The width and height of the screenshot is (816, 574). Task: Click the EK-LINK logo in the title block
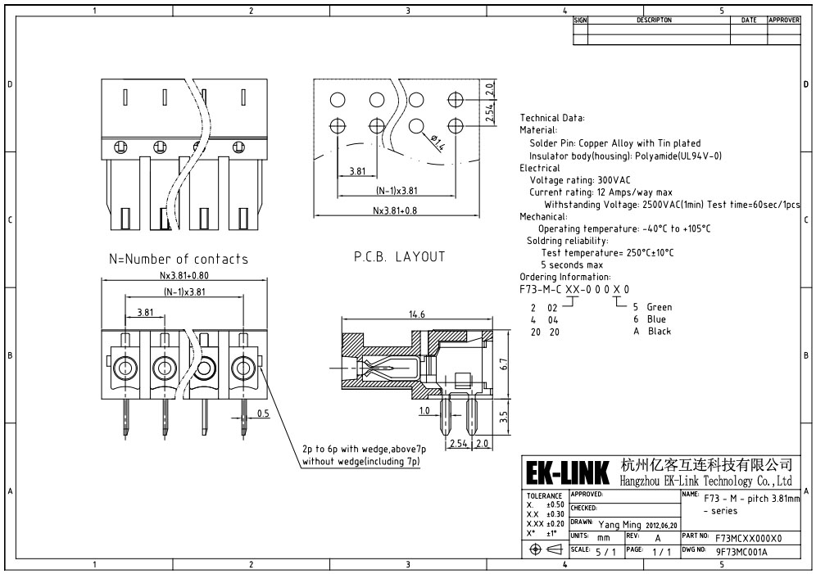click(567, 473)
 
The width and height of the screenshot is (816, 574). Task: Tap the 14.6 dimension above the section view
click(417, 314)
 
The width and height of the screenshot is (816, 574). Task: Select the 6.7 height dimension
click(503, 364)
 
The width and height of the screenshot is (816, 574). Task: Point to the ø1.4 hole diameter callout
click(438, 142)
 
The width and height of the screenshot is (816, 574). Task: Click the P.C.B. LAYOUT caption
click(399, 256)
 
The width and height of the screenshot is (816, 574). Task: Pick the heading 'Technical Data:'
click(551, 118)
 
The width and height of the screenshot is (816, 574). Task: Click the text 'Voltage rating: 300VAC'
click(580, 180)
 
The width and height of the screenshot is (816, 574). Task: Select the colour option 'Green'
click(660, 307)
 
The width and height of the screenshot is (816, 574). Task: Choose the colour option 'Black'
click(660, 331)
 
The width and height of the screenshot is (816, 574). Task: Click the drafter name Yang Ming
click(619, 525)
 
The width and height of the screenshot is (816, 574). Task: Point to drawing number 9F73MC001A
click(741, 552)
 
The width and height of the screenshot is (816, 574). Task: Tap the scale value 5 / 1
click(605, 552)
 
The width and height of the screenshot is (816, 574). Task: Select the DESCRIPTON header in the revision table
click(654, 20)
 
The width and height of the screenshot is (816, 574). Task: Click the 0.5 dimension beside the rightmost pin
click(263, 414)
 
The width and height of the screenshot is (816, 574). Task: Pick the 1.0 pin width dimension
click(424, 411)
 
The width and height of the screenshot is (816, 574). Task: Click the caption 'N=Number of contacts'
click(179, 259)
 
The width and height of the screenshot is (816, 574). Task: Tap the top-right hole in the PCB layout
click(456, 99)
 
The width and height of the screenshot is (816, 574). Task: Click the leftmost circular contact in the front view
click(125, 368)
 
